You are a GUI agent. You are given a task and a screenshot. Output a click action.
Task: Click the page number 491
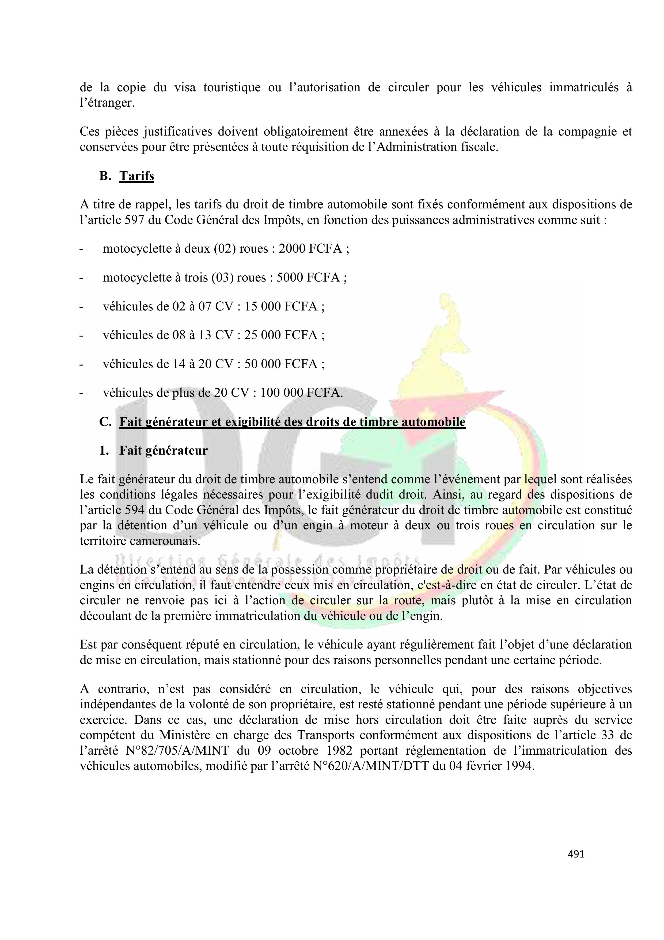click(576, 854)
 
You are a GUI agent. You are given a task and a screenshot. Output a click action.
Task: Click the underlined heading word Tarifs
click(137, 176)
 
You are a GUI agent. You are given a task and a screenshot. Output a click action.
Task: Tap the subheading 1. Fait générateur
click(153, 450)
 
